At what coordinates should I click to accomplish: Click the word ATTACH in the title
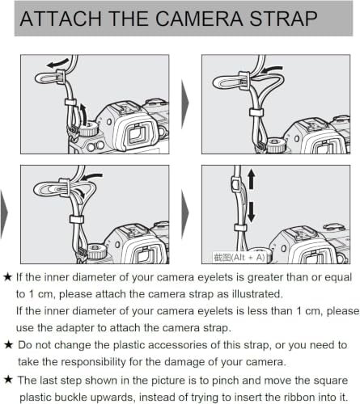click(x=61, y=19)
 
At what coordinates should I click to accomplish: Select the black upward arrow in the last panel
click(x=252, y=179)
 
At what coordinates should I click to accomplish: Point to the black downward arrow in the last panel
click(x=252, y=213)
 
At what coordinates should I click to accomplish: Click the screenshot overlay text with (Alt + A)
click(x=239, y=257)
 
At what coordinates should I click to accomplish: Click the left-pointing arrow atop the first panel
click(x=58, y=64)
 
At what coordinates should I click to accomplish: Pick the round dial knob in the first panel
click(x=88, y=128)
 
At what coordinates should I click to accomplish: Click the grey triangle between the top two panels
click(x=185, y=103)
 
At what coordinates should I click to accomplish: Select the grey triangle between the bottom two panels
click(x=185, y=213)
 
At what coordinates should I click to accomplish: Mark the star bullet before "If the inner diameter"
click(x=8, y=277)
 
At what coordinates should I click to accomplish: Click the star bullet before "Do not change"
click(x=9, y=344)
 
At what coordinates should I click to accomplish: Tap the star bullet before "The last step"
click(x=9, y=380)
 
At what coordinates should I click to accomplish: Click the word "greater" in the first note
click(x=265, y=278)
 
